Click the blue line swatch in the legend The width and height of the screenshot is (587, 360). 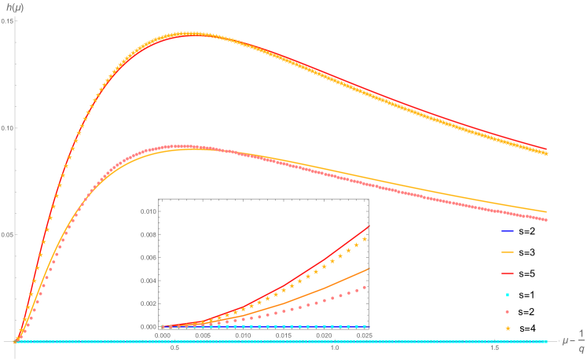pos(507,231)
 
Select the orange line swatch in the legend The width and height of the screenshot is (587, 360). pos(507,252)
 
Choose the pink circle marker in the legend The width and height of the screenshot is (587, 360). pos(508,310)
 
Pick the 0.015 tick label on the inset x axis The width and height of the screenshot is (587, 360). pos(284,335)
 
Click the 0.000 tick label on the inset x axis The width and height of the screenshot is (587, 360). pos(163,335)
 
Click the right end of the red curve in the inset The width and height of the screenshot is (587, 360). pos(368,226)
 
